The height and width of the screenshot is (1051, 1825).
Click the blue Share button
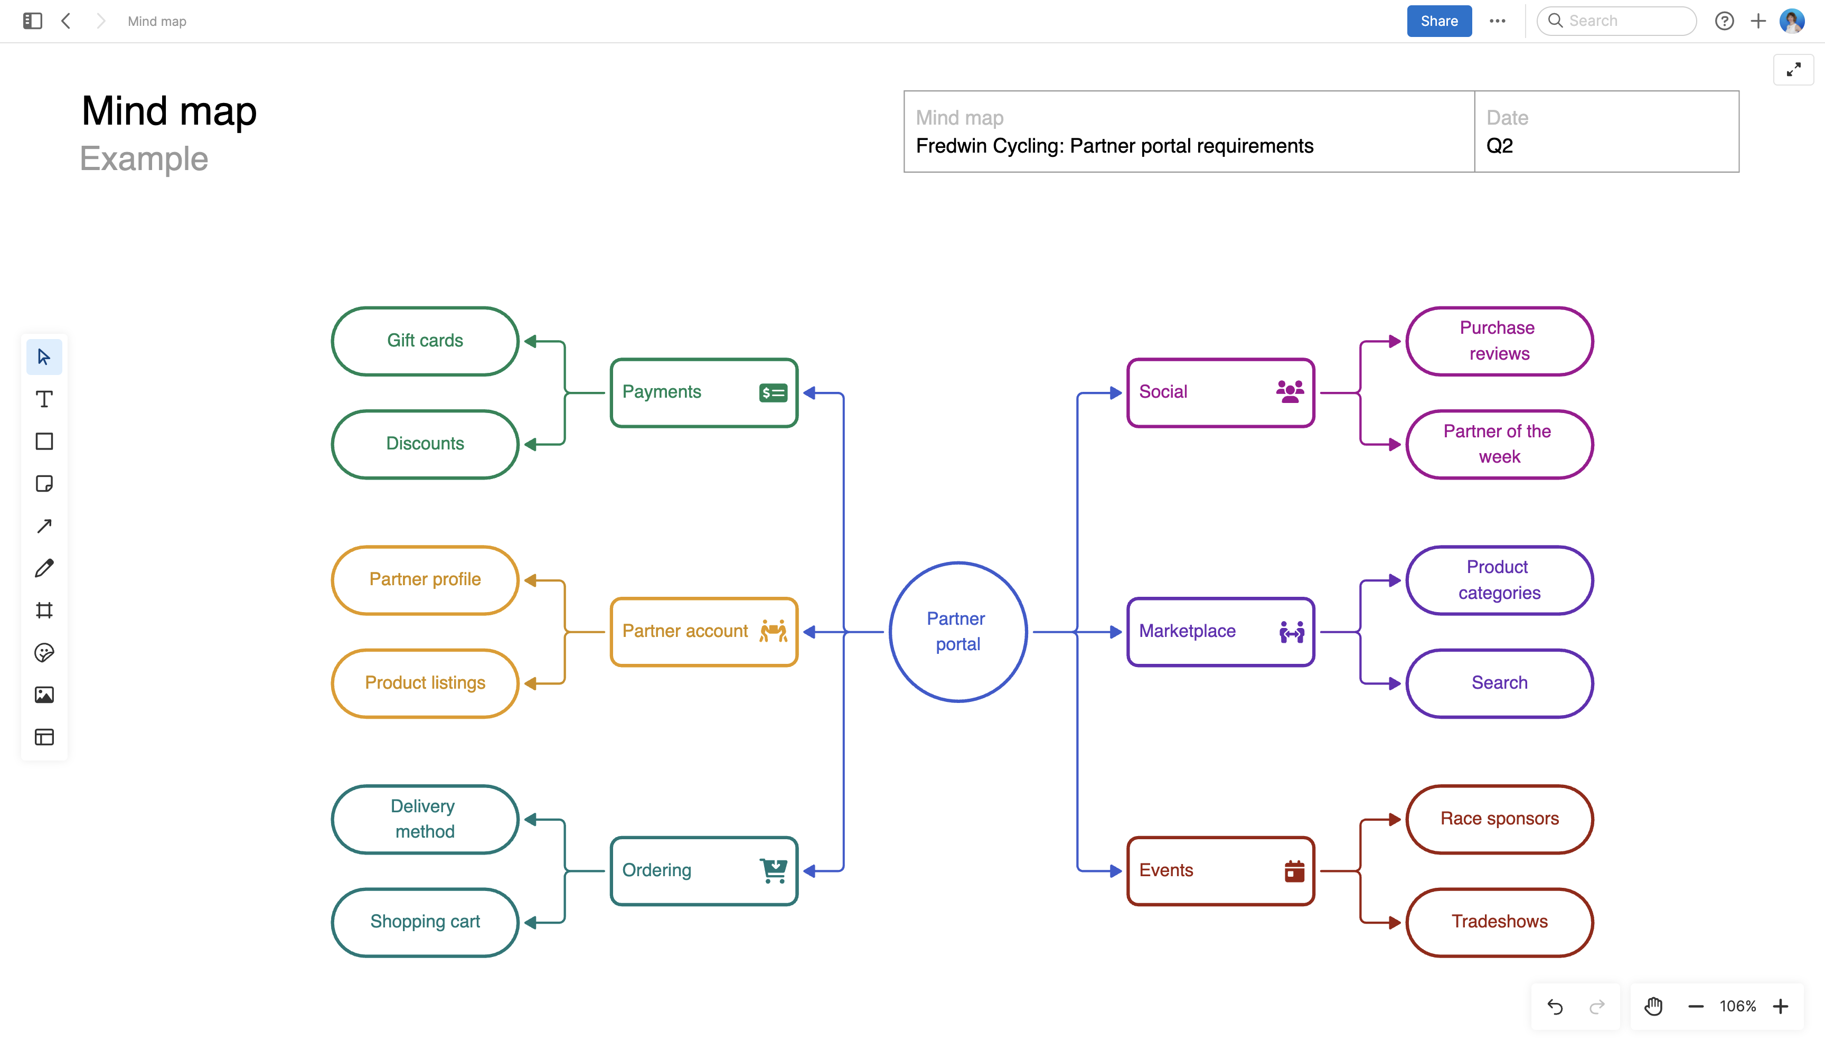(x=1438, y=21)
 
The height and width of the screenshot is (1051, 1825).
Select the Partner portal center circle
(x=957, y=632)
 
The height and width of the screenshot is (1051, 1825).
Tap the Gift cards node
(x=425, y=341)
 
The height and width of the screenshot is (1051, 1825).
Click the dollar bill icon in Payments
(x=773, y=393)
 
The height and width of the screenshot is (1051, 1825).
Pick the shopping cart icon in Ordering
(x=774, y=870)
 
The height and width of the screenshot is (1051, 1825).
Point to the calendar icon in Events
(x=1294, y=871)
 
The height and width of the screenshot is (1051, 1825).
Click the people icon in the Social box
(x=1290, y=392)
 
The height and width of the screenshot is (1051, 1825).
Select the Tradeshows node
(x=1499, y=922)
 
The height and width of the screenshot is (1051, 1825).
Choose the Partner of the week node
(x=1499, y=444)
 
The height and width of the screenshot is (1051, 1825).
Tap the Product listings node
(x=425, y=683)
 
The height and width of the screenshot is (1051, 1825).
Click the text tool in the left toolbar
(x=44, y=399)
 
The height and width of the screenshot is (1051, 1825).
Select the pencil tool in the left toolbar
(x=44, y=568)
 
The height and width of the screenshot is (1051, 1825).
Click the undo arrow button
(x=1555, y=1006)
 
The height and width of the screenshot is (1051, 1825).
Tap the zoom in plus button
(x=1780, y=1006)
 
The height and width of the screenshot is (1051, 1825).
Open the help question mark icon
(x=1724, y=21)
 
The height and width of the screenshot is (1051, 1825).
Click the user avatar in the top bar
(x=1792, y=21)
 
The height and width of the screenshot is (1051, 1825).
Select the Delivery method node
(x=425, y=819)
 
